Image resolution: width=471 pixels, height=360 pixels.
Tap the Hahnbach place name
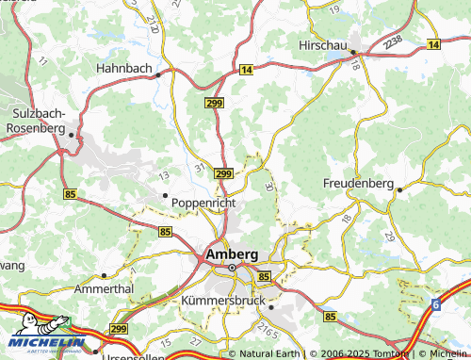(124, 68)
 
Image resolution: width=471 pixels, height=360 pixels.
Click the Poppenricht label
(203, 202)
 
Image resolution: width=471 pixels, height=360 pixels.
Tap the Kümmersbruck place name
(222, 299)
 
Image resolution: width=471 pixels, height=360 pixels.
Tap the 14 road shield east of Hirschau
(432, 44)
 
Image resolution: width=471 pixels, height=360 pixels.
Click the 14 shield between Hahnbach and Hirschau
(245, 70)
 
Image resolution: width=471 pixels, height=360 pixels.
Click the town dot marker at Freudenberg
(398, 189)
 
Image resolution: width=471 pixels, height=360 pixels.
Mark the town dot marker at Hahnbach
(159, 74)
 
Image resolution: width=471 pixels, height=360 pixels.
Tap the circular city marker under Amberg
(232, 268)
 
